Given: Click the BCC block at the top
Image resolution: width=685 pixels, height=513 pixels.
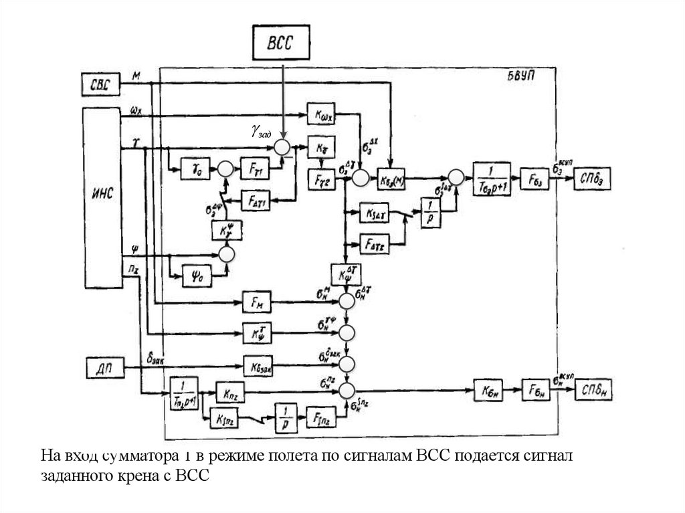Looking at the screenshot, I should [x=282, y=45].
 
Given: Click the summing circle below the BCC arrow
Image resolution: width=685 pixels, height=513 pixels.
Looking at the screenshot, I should [x=283, y=146].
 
